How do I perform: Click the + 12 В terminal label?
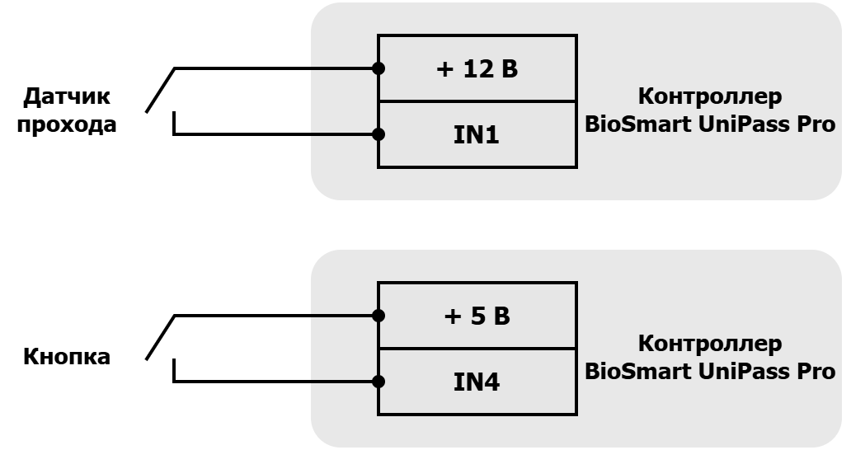477,69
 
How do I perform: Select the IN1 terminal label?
477,134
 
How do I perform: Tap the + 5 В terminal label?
477,316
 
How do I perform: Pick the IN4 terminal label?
477,382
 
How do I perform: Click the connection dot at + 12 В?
378,68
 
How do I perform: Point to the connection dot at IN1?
378,134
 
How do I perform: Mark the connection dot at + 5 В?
378,316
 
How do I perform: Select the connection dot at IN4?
378,382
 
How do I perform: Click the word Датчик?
67,97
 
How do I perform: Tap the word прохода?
67,124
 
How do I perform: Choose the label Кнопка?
67,357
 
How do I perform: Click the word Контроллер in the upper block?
710,96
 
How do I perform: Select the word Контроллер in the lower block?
710,344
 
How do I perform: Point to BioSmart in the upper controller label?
638,124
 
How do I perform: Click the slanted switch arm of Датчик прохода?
160,91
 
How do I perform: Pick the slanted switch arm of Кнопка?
160,338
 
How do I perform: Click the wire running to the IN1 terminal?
275,134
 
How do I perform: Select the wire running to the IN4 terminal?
275,382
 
